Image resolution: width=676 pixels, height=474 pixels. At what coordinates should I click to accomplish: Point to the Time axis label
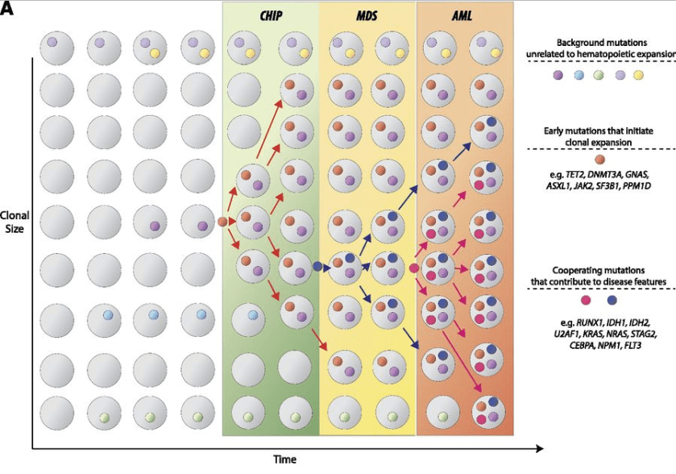click(283, 459)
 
